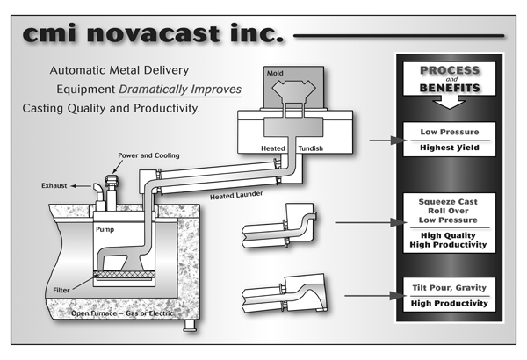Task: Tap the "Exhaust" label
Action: (54, 186)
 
